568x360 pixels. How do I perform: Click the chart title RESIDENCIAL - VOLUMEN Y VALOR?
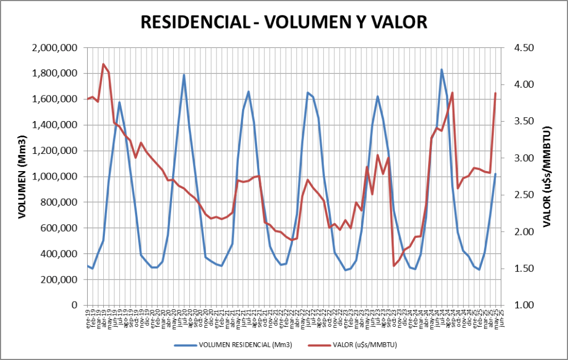[284, 22]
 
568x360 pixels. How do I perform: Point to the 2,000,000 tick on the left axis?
[54, 48]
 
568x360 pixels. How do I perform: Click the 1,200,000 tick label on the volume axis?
[54, 151]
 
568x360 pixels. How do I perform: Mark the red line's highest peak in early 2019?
[103, 64]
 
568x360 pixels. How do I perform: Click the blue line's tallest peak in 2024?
[441, 69]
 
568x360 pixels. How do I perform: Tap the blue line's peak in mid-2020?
[184, 75]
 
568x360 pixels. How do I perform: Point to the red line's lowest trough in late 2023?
[394, 266]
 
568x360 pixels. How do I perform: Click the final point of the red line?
[495, 93]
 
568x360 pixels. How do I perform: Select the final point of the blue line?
[495, 174]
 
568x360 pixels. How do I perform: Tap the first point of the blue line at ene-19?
[88, 266]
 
